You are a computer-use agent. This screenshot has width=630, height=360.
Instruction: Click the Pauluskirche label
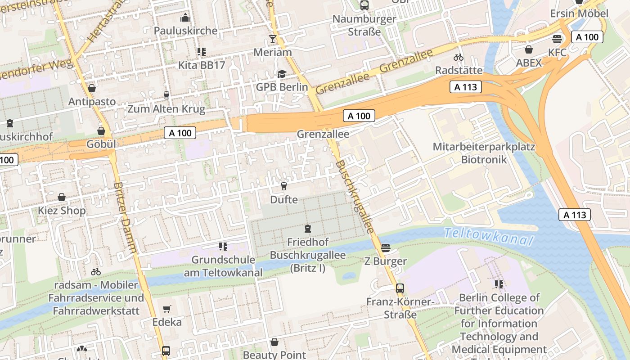pyautogui.click(x=185, y=31)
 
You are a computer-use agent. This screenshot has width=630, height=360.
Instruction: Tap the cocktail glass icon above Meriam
pyautogui.click(x=272, y=39)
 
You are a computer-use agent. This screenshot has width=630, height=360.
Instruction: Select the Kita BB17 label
pyautogui.click(x=201, y=65)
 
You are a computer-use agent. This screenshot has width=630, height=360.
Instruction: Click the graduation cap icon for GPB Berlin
pyautogui.click(x=282, y=74)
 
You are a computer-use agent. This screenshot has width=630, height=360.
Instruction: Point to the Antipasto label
pyautogui.click(x=92, y=102)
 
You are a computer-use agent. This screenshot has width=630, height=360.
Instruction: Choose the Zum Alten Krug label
pyautogui.click(x=166, y=109)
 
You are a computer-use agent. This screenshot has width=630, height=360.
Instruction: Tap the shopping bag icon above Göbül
pyautogui.click(x=101, y=131)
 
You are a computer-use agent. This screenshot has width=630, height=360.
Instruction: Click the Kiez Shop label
pyautogui.click(x=62, y=211)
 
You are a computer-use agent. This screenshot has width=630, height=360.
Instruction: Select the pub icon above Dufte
pyautogui.click(x=283, y=186)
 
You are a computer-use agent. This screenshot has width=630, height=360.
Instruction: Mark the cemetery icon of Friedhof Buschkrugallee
pyautogui.click(x=308, y=229)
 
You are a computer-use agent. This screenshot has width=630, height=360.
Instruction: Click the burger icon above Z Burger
pyautogui.click(x=385, y=248)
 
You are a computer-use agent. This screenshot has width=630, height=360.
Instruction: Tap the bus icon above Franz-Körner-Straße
pyautogui.click(x=400, y=288)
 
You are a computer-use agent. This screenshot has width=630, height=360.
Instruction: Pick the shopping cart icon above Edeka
pyautogui.click(x=167, y=309)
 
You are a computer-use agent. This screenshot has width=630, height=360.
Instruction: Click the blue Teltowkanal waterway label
pyautogui.click(x=488, y=236)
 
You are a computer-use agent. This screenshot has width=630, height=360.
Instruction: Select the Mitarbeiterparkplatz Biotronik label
pyautogui.click(x=484, y=153)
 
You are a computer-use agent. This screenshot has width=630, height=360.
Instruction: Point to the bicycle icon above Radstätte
pyautogui.click(x=459, y=57)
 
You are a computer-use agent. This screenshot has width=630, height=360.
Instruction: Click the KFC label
pyautogui.click(x=557, y=53)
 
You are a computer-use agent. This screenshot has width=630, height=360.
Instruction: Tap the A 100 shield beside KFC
pyautogui.click(x=587, y=37)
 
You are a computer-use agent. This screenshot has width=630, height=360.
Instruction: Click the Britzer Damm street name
pyautogui.click(x=125, y=217)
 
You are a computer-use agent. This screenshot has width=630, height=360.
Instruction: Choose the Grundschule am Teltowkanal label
pyautogui.click(x=223, y=266)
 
